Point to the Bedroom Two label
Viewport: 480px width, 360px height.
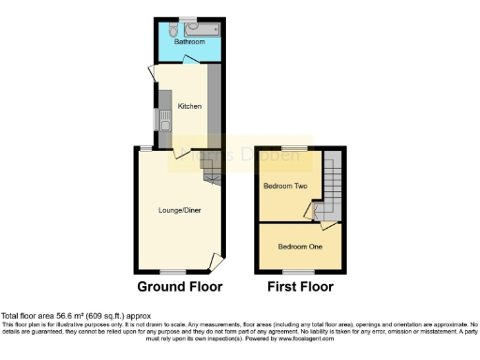(x=285, y=186)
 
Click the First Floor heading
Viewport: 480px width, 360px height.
(x=300, y=287)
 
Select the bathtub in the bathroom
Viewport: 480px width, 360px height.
(x=204, y=27)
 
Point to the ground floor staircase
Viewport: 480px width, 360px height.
(x=211, y=171)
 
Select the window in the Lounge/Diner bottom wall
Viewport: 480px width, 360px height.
(x=172, y=271)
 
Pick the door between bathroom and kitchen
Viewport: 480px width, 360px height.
(x=188, y=60)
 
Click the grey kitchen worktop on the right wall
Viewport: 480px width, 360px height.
(x=214, y=103)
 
